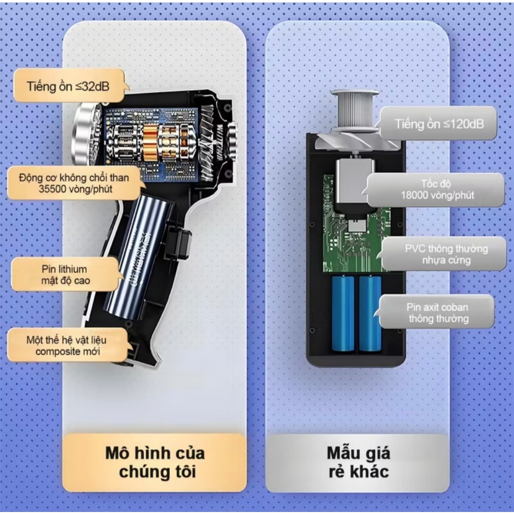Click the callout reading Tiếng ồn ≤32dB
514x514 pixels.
(69, 86)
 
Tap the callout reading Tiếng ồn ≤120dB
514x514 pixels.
(438, 124)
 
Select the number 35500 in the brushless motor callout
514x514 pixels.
(50, 189)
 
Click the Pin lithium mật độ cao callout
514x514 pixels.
(66, 275)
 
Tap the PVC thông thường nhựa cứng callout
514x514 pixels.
(444, 254)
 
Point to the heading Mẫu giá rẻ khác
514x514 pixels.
(358, 462)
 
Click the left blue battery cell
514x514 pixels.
(343, 314)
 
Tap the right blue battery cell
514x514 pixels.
(370, 314)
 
